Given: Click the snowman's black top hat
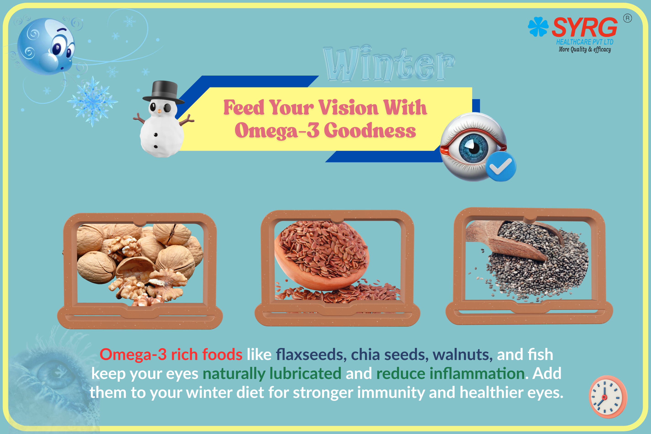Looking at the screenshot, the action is [163, 92].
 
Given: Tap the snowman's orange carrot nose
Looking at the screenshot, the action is [159, 111].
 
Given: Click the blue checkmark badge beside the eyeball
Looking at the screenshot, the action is [500, 166].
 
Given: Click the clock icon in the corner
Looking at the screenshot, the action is [608, 397].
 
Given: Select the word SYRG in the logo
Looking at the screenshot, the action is [585, 27].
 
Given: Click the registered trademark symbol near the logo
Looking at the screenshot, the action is [627, 18].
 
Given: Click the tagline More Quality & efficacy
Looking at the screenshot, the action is [585, 50].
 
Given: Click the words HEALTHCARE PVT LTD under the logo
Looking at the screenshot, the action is [585, 42].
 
